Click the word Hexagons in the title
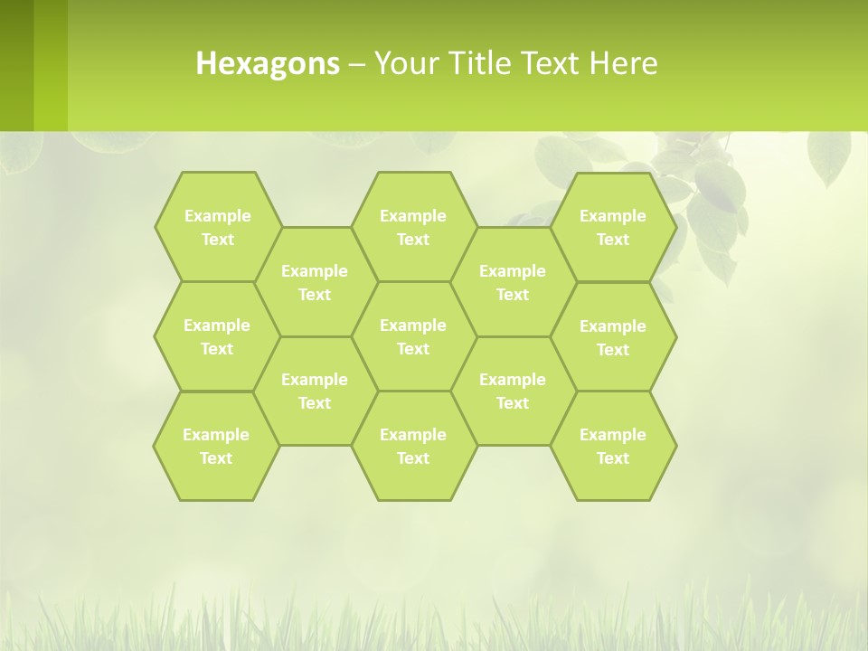point(268,63)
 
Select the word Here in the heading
point(623,63)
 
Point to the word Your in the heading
point(404,63)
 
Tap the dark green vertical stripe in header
point(16,65)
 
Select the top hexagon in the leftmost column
point(217,227)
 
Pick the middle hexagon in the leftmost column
point(217,336)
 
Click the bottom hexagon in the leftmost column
point(216,446)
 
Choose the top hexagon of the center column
point(413,227)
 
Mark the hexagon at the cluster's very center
point(413,336)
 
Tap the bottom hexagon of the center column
point(413,446)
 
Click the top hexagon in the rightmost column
point(613,227)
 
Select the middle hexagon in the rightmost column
point(613,337)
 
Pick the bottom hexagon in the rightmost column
point(613,446)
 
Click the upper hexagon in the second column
point(315,282)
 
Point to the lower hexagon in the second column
point(315,391)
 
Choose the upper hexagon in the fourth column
point(513,282)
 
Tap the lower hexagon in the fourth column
point(513,391)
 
